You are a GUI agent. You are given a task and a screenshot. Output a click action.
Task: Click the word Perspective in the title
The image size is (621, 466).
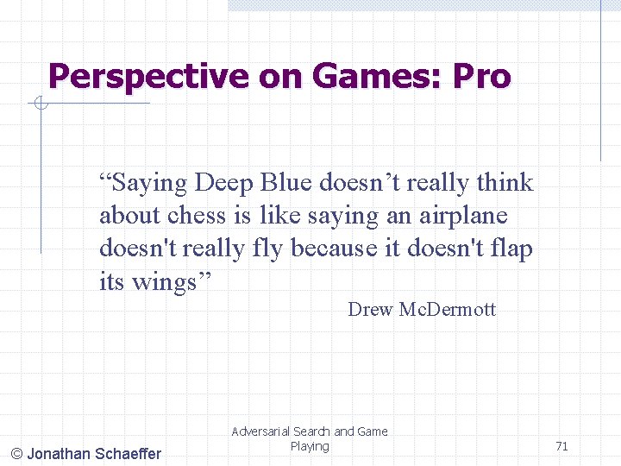pyautogui.click(x=148, y=77)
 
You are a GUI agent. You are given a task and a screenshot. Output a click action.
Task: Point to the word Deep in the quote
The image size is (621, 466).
pyautogui.click(x=223, y=183)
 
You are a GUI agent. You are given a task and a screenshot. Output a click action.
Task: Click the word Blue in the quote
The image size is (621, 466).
pyautogui.click(x=286, y=183)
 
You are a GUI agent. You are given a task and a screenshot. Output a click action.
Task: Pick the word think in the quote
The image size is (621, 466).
pyautogui.click(x=505, y=183)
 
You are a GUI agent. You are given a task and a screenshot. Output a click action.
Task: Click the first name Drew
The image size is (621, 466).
pyautogui.click(x=370, y=310)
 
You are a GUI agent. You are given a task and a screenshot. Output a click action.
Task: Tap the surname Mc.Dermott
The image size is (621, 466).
pyautogui.click(x=448, y=310)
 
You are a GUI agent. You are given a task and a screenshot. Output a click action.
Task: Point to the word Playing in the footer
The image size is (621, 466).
pyautogui.click(x=310, y=446)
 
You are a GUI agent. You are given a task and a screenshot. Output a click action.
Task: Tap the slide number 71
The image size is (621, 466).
pyautogui.click(x=561, y=446)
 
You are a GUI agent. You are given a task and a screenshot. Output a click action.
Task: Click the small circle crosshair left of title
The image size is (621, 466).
pyautogui.click(x=40, y=104)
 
